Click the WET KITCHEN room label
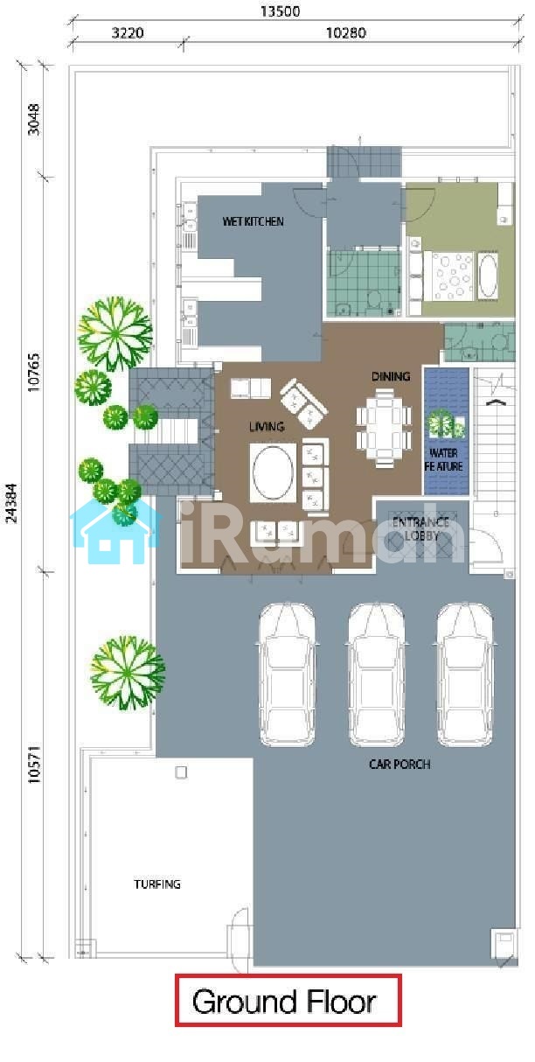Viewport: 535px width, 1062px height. point(253,221)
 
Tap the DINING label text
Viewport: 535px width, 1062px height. point(391,376)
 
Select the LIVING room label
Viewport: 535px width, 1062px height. point(267,427)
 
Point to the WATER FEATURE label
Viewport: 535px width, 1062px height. point(444,459)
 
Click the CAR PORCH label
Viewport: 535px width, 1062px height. point(400,765)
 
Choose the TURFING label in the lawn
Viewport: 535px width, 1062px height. point(156,884)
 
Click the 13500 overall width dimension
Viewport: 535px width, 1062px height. point(280,11)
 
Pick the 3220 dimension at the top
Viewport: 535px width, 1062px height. point(128,33)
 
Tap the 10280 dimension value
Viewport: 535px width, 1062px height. point(346,33)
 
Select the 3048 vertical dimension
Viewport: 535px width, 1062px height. point(34,120)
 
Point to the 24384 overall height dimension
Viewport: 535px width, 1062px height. point(11,503)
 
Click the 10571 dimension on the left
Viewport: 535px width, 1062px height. point(34,765)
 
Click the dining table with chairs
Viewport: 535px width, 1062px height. point(384,428)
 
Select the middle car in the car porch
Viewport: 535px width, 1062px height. point(376,675)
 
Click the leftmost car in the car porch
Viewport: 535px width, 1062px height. point(287,675)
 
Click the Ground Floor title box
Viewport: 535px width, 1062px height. point(288,1001)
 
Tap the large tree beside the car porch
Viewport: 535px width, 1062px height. point(128,674)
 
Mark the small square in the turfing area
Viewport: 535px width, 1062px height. point(181,772)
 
